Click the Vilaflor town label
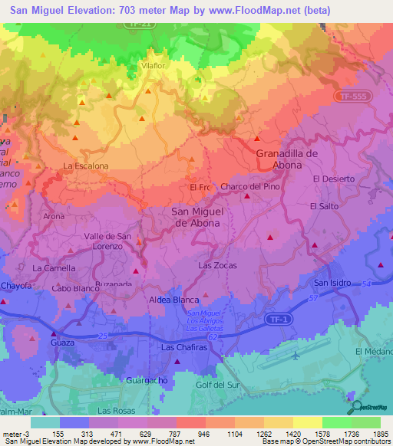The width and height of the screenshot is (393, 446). (154, 66)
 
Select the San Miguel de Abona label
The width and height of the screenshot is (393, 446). (195, 217)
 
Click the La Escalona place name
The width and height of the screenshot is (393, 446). (85, 166)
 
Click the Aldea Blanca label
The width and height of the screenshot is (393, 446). (174, 300)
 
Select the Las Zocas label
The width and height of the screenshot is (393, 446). (217, 265)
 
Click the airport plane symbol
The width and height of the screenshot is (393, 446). (297, 356)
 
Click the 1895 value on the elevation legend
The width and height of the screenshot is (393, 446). (380, 433)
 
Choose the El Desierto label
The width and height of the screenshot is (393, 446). (334, 179)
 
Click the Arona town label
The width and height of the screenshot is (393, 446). (54, 217)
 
